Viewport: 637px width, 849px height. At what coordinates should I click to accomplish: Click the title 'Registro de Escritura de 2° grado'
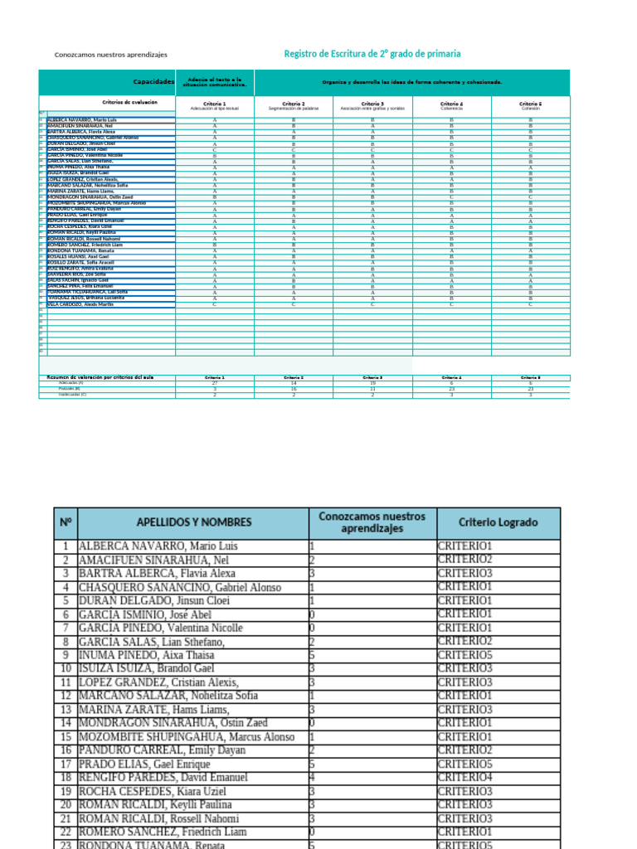click(372, 54)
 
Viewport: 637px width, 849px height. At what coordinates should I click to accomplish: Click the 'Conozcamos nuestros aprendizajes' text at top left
click(110, 55)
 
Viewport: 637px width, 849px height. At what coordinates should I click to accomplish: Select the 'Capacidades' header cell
click(154, 82)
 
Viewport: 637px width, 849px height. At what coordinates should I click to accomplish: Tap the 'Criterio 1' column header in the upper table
click(214, 104)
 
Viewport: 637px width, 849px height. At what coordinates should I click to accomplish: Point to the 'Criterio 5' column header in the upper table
click(530, 104)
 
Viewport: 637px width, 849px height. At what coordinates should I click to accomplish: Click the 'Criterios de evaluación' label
click(129, 102)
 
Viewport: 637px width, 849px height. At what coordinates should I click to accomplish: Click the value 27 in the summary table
click(215, 383)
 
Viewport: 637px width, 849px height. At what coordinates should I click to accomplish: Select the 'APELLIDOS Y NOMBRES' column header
click(193, 522)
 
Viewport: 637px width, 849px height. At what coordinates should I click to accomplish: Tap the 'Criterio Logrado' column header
click(498, 522)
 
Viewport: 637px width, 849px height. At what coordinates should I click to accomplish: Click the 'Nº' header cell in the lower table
click(66, 522)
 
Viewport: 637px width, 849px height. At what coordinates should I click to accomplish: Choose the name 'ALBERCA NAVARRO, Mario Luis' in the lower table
click(158, 546)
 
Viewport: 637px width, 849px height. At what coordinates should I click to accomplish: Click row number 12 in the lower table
click(66, 696)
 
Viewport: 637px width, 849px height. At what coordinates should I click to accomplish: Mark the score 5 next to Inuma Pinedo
click(312, 655)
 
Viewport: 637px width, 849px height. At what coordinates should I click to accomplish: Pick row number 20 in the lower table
click(66, 805)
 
